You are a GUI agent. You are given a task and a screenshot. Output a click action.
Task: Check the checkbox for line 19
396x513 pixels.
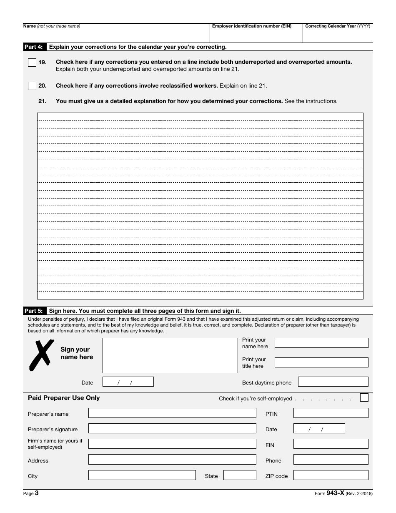point(32,63)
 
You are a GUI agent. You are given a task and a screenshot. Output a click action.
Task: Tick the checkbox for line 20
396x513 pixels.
point(32,86)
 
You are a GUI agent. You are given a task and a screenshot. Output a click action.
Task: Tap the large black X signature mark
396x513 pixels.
point(41,355)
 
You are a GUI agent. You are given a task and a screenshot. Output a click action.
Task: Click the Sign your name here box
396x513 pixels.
point(170,355)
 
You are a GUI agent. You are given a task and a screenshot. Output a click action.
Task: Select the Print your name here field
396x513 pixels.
point(321,343)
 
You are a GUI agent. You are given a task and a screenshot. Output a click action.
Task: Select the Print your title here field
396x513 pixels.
point(321,362)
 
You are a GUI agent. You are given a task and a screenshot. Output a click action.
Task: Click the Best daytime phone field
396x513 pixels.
point(333,382)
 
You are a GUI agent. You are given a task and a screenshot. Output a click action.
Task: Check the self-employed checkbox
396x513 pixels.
point(364,397)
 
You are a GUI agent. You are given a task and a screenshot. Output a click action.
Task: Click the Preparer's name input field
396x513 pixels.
point(172,413)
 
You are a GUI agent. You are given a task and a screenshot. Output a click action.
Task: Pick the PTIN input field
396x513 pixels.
point(331,413)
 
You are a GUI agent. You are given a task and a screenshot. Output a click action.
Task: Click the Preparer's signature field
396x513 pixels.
point(172,428)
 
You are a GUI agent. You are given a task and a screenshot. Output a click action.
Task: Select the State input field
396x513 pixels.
point(240,475)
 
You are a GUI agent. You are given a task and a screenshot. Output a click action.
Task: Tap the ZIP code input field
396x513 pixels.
point(331,475)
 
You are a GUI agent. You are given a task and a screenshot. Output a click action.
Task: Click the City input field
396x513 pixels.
point(142,475)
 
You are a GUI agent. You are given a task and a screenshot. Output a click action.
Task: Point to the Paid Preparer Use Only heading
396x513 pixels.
point(64,398)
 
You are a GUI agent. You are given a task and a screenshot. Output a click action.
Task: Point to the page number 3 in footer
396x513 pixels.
point(37,493)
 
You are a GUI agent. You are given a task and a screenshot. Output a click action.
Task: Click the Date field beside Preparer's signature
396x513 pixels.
point(319,428)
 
